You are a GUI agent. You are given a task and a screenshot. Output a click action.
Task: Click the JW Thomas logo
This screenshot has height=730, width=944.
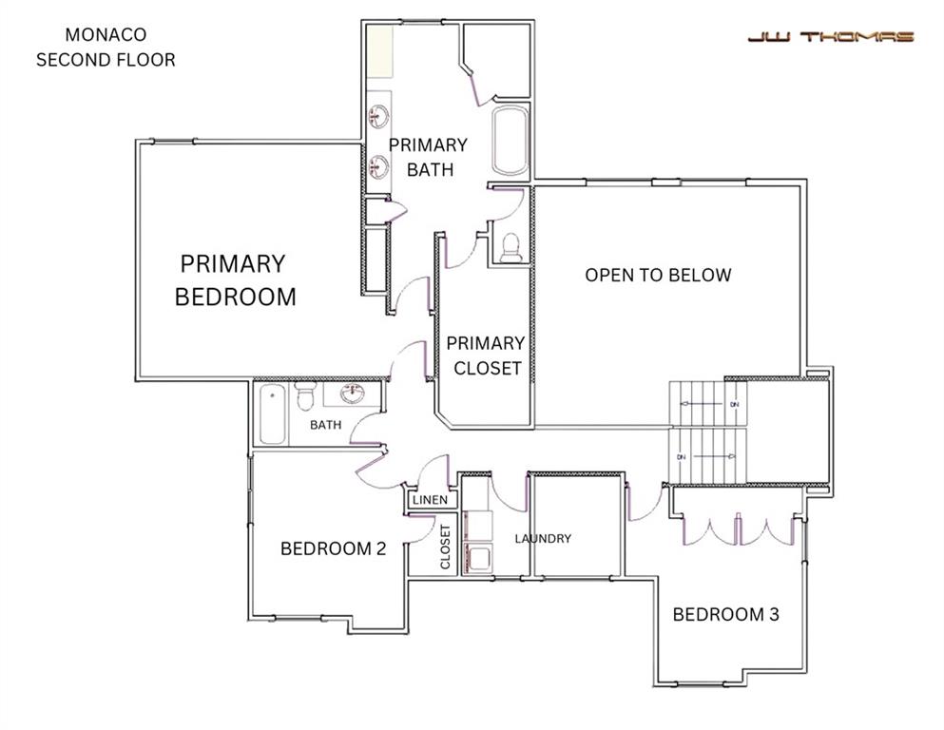tap(830, 37)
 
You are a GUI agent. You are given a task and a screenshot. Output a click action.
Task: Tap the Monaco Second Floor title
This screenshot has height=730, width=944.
tap(106, 48)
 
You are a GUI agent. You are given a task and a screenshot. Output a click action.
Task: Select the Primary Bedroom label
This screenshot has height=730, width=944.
tap(235, 279)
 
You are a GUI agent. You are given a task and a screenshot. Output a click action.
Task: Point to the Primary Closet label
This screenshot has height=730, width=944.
tap(484, 355)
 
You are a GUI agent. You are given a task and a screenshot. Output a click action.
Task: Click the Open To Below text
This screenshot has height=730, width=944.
tap(658, 276)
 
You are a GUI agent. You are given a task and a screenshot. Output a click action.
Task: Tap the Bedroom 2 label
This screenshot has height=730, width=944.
tap(333, 548)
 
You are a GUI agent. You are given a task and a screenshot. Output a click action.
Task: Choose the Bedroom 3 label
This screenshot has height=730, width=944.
tap(725, 614)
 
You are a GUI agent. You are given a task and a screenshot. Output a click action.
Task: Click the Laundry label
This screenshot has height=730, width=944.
tap(543, 539)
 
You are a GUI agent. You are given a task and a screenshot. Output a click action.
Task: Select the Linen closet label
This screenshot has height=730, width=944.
tap(430, 500)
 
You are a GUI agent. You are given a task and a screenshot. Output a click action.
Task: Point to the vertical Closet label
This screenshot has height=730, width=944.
tap(445, 547)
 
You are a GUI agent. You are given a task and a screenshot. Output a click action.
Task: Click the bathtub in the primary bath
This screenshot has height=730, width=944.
tap(510, 141)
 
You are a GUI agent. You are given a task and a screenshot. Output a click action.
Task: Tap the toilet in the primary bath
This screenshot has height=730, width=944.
tap(511, 248)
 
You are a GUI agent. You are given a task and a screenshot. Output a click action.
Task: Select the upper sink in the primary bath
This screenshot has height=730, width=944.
tap(378, 118)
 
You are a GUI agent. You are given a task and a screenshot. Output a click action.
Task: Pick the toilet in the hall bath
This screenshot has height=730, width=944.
tap(305, 394)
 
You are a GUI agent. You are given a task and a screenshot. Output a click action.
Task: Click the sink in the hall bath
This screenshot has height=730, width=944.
tap(353, 394)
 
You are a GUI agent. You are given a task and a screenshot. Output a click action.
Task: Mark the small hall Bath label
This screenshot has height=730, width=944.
tap(325, 425)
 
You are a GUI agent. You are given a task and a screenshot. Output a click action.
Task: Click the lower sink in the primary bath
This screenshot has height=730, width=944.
tap(378, 167)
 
